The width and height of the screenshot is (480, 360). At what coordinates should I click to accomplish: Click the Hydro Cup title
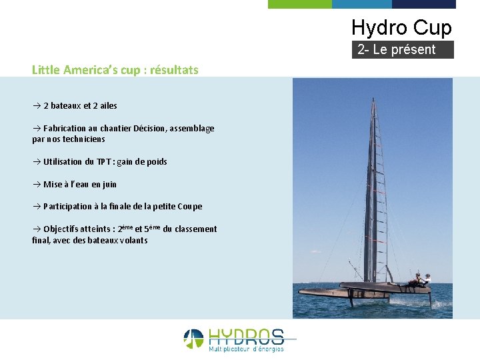tap(401, 27)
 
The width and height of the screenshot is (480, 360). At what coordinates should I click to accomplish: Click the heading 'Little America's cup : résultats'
tap(115, 69)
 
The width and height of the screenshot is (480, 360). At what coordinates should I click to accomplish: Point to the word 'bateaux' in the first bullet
tap(66, 105)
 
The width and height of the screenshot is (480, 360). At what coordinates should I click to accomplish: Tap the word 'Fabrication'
tap(65, 128)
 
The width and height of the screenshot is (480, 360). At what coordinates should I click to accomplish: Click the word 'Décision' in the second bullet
tap(151, 128)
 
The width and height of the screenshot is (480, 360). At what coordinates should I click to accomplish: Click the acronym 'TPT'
tap(104, 161)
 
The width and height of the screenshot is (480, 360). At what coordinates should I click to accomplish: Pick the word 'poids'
tap(155, 161)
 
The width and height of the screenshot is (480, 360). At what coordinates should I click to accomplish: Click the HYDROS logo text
tap(246, 337)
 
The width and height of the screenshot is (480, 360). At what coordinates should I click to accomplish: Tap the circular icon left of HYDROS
tap(193, 339)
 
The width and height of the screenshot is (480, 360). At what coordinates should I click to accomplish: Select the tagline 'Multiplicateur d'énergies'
tap(246, 349)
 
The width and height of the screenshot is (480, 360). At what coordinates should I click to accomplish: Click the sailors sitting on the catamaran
tap(420, 280)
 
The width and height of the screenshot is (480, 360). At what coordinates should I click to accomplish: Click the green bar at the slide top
tap(299, 4)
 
